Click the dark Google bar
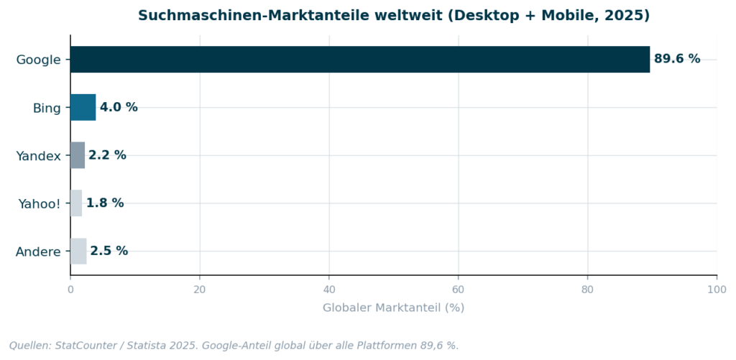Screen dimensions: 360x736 [359, 60]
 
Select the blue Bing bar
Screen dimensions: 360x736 [83, 108]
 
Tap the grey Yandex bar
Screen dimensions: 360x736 [78, 155]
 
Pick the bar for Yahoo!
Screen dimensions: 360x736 [76, 203]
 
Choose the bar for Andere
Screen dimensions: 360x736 [78, 251]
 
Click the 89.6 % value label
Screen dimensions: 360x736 [677, 59]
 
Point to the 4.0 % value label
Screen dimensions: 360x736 [119, 107]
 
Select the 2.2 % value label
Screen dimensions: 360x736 [107, 155]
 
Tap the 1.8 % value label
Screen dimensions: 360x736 [105, 203]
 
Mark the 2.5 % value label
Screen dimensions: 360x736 [109, 251]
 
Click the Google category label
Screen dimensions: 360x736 [38, 60]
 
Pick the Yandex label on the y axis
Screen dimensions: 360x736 [38, 155]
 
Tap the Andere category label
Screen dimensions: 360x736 [38, 251]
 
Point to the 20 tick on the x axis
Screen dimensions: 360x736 [200, 290]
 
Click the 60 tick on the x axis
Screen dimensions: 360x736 [459, 290]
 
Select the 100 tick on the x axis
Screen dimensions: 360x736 [717, 290]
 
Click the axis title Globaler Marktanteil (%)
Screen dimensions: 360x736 [393, 308]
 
